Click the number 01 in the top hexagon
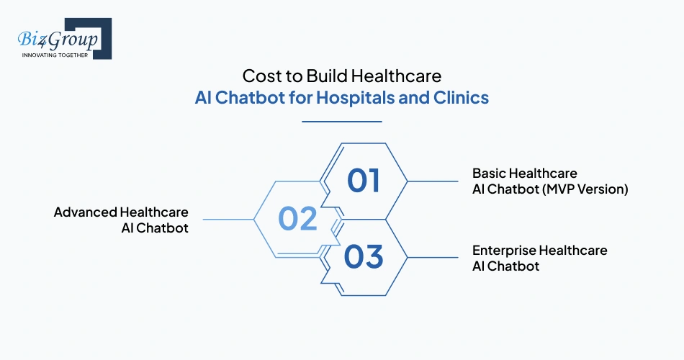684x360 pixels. pos(364,181)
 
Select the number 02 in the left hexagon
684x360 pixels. pos(298,219)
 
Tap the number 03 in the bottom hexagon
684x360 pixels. pos(364,256)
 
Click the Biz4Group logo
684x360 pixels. pos(63,37)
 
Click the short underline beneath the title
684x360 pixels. pos(342,122)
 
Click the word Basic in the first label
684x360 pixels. pos(490,174)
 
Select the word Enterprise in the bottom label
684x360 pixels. pos(504,251)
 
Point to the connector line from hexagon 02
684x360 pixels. pos(228,219)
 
